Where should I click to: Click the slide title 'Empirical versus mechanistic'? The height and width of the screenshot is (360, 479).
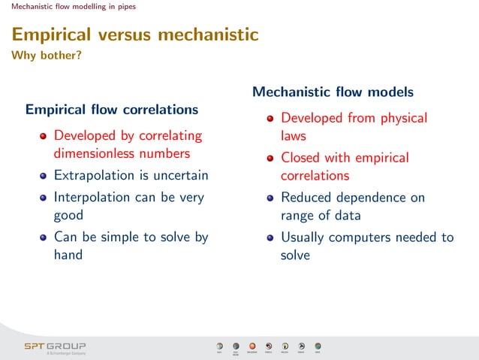[135, 35]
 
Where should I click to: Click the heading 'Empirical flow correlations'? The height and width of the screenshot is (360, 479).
[112, 110]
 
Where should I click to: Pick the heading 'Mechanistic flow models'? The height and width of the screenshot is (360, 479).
[333, 92]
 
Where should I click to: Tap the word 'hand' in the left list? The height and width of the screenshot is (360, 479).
[68, 254]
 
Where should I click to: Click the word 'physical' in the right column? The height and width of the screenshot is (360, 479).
[400, 118]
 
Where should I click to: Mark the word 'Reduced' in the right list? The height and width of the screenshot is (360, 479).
[307, 198]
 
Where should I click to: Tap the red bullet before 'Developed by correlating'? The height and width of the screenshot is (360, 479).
[44, 137]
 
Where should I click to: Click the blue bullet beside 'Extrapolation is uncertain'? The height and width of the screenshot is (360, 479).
[44, 177]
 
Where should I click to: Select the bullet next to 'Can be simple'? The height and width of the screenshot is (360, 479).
[44, 238]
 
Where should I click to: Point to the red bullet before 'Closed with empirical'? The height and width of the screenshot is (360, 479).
[271, 159]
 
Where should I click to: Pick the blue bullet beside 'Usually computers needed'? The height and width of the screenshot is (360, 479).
[271, 238]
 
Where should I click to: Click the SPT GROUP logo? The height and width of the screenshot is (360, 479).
[55, 346]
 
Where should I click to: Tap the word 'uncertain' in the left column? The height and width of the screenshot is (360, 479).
[179, 176]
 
